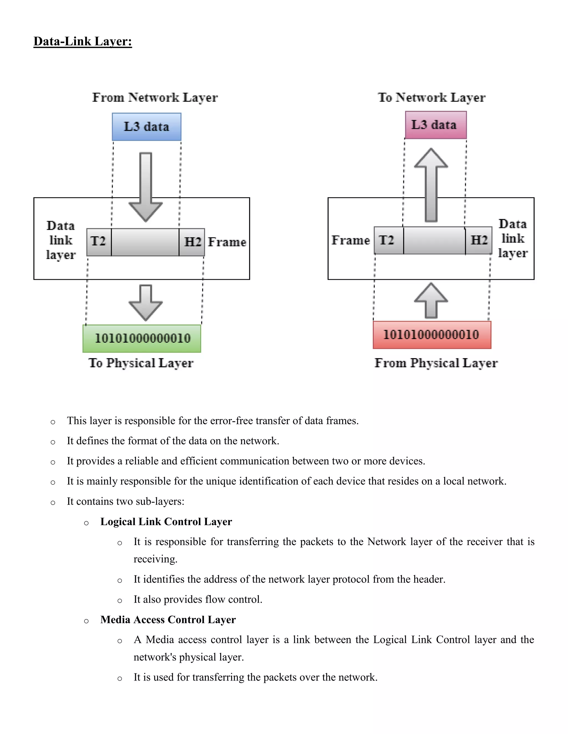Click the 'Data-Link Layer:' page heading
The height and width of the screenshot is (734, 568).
tap(82, 41)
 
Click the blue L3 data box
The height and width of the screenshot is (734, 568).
tap(146, 127)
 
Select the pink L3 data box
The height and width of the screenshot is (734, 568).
tap(435, 125)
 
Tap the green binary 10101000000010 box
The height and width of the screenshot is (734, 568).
tap(142, 338)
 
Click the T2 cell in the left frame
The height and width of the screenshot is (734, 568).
tap(98, 242)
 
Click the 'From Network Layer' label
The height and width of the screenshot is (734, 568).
tap(155, 97)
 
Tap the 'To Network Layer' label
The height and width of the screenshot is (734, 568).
tap(431, 97)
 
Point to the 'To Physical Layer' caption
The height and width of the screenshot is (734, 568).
tap(141, 363)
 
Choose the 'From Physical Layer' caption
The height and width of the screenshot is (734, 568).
tap(436, 363)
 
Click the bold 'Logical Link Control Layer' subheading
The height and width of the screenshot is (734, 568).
tap(166, 522)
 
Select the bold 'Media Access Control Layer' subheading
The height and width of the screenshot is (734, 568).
tap(168, 619)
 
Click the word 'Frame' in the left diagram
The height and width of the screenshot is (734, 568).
tap(227, 242)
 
